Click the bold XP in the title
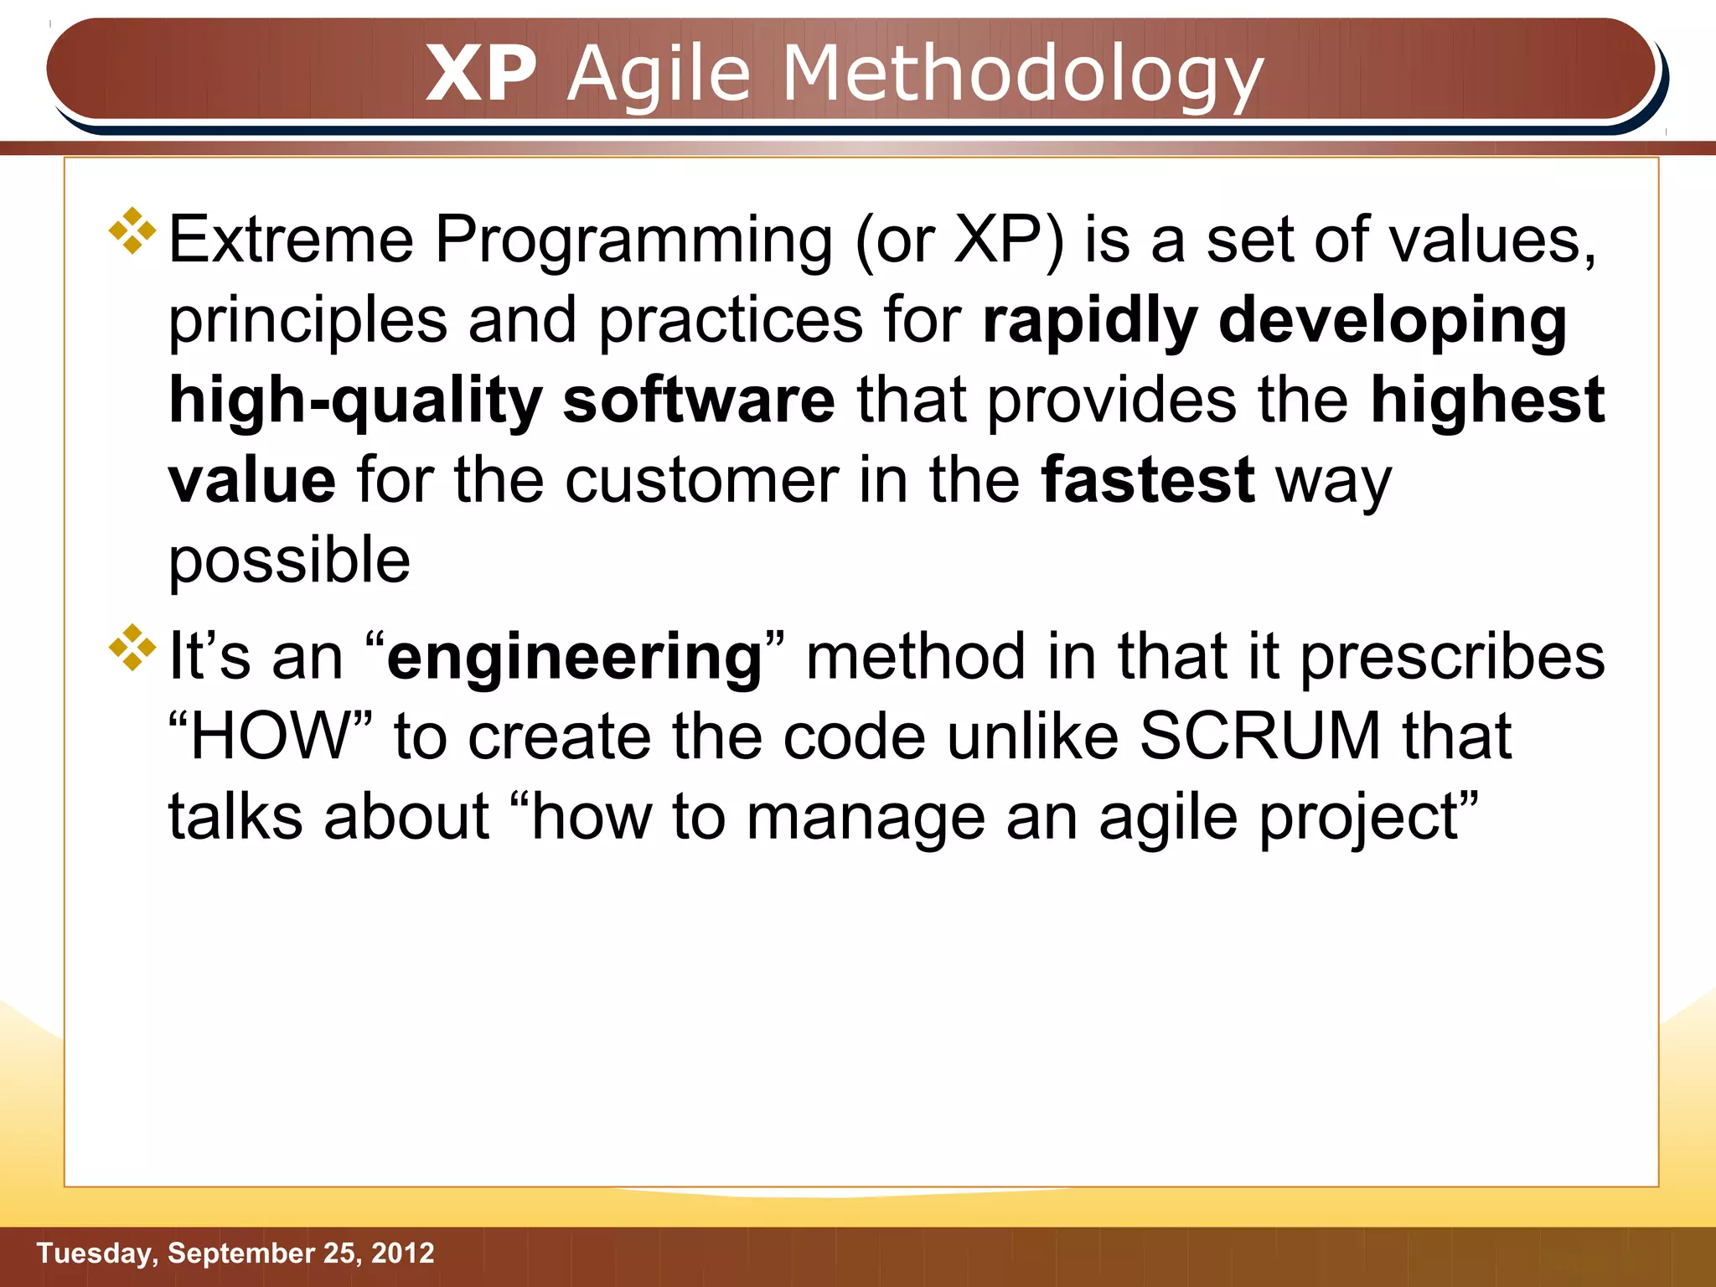(x=481, y=74)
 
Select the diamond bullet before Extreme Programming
(x=132, y=230)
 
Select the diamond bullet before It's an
(x=132, y=647)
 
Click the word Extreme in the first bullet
(x=291, y=240)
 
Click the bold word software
(x=699, y=401)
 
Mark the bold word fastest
(x=1147, y=480)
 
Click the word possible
(x=289, y=561)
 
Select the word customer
(x=701, y=481)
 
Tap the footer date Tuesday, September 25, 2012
(x=235, y=1253)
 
